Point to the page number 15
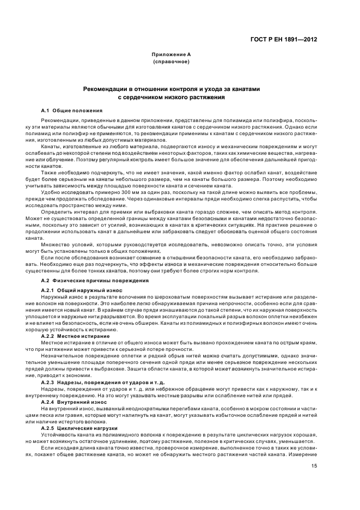coord(314,466)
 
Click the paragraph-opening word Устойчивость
coord(58,435)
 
